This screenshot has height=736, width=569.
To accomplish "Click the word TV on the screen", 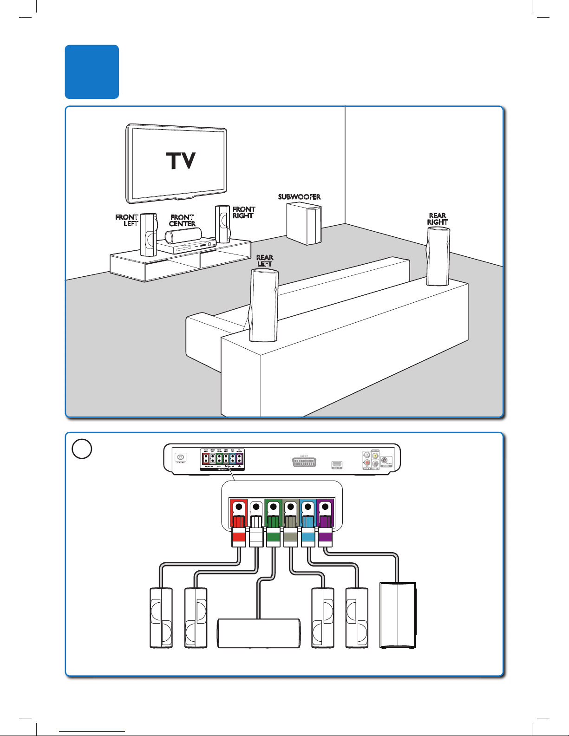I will [x=181, y=161].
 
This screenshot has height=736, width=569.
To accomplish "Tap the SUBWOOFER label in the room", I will [x=299, y=197].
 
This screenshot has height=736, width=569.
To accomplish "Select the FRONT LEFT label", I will [x=127, y=220].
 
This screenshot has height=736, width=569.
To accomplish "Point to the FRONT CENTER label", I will [x=182, y=220].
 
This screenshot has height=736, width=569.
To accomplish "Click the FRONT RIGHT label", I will [x=243, y=212].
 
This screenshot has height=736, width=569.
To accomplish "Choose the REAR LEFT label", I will [x=265, y=261].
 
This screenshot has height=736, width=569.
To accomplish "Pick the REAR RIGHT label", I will [x=438, y=219].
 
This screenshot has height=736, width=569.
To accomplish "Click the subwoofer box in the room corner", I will [x=304, y=224].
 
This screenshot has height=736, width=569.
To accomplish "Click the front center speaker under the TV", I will [x=183, y=235].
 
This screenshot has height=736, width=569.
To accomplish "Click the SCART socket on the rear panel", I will [x=304, y=462].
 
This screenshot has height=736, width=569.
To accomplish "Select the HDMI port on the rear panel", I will [x=337, y=464].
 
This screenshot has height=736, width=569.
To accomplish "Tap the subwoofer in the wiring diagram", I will [x=398, y=615].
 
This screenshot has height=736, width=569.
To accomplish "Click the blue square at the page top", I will [x=92, y=72].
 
